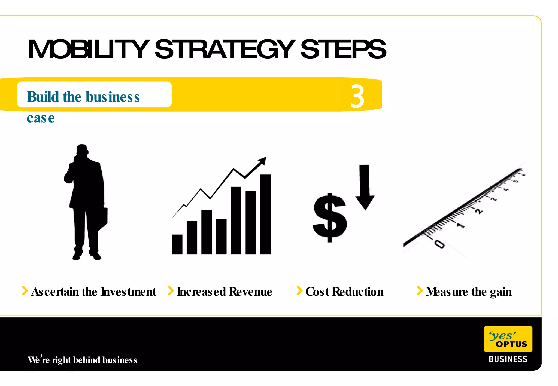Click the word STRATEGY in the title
click(x=225, y=50)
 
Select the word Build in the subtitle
click(x=43, y=97)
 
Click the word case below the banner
click(x=41, y=118)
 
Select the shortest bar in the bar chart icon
click(x=177, y=244)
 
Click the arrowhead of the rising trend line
click(x=262, y=160)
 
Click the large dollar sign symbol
click(x=330, y=218)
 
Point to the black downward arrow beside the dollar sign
click(x=365, y=188)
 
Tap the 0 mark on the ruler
click(x=439, y=244)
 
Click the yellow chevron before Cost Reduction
click(x=299, y=291)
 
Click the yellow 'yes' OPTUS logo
click(x=508, y=339)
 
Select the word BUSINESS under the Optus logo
click(x=508, y=359)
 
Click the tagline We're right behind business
click(x=82, y=360)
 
